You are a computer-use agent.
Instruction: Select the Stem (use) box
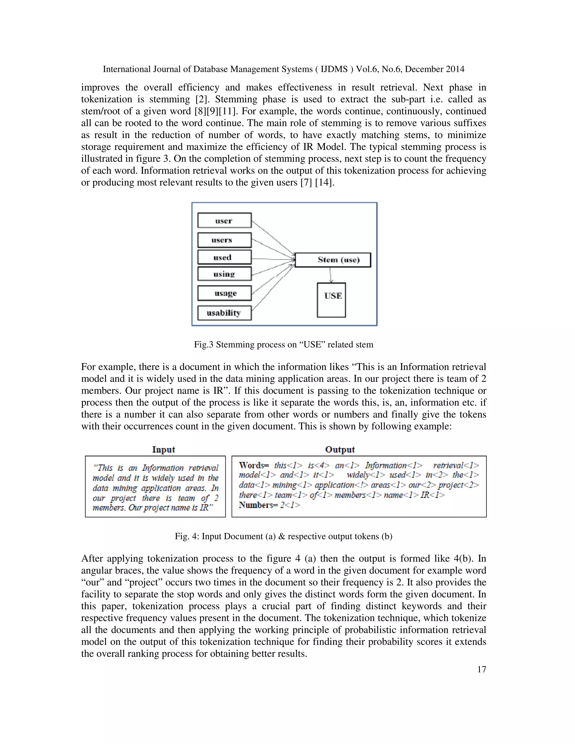[332, 260]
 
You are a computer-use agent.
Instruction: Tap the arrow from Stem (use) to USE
[330, 275]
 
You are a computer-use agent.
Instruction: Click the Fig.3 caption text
[283, 344]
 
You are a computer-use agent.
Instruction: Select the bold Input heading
[163, 449]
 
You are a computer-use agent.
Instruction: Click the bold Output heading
[340, 449]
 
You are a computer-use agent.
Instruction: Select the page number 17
[481, 669]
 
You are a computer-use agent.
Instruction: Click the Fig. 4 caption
[283, 536]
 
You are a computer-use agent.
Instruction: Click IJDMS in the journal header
[334, 69]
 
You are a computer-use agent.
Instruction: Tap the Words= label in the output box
[254, 465]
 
